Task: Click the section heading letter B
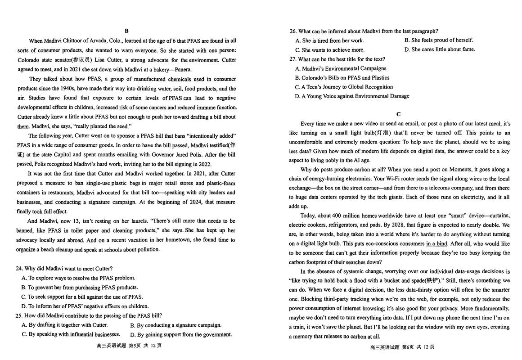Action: tap(126, 31)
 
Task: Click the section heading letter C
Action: tap(399, 114)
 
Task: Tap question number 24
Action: tap(19, 269)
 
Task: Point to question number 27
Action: tap(293, 59)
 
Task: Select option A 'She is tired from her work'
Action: tap(329, 40)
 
